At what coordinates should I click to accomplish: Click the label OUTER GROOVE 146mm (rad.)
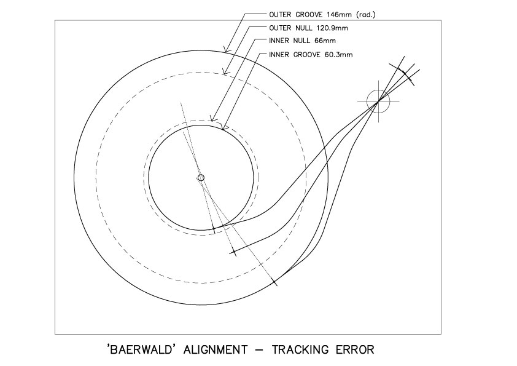click(322, 15)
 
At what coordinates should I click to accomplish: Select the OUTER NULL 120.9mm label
click(308, 28)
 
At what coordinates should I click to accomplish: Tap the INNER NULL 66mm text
click(302, 41)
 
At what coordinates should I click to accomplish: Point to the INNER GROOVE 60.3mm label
click(311, 55)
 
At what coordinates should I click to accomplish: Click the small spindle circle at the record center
click(201, 178)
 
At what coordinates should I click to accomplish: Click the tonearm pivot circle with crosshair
click(378, 101)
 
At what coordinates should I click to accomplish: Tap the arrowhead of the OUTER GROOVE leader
click(226, 50)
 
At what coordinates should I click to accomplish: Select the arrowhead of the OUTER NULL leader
click(225, 72)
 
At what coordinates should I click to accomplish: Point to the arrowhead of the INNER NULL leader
click(212, 118)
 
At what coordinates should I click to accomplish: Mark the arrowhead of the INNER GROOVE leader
click(225, 127)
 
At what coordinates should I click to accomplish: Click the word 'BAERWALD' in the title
click(141, 349)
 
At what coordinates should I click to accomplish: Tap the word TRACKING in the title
click(300, 349)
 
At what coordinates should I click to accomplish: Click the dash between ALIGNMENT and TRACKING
click(259, 350)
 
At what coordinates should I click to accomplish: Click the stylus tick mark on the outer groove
click(274, 282)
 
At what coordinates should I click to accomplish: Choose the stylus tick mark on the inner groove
click(214, 229)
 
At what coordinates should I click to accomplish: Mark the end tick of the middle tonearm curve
click(234, 253)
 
